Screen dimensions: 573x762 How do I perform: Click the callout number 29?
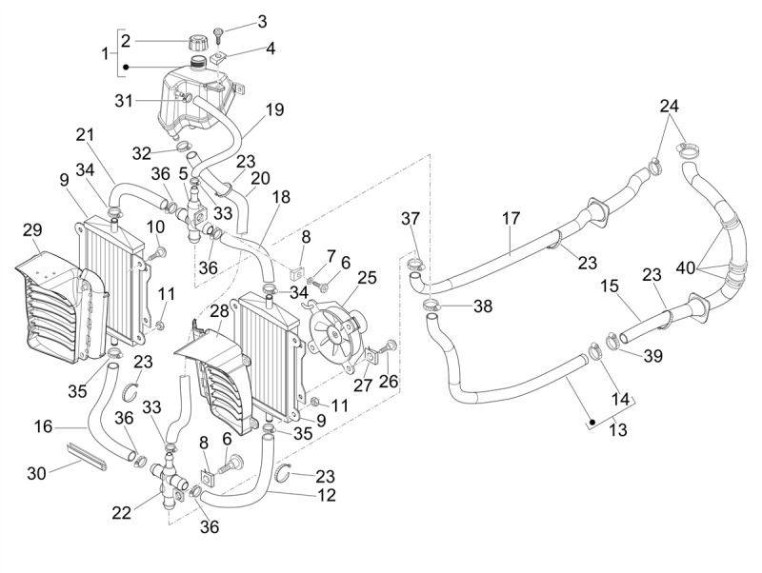pyautogui.click(x=32, y=231)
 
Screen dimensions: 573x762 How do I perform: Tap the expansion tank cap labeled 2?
pyautogui.click(x=199, y=43)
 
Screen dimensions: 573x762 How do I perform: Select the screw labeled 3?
pyautogui.click(x=218, y=36)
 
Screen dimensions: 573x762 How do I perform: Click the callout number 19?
pyautogui.click(x=274, y=109)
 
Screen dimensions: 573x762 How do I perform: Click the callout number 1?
pyautogui.click(x=106, y=53)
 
